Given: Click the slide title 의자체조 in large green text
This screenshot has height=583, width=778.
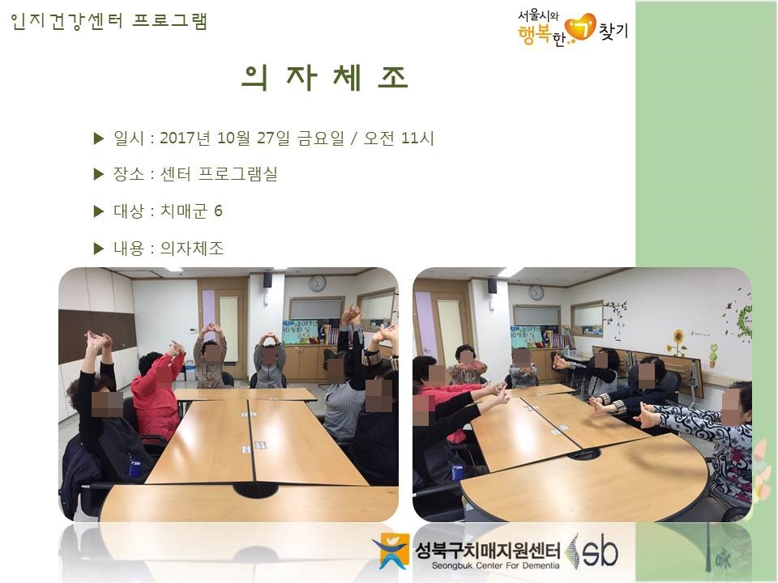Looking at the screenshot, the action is pyautogui.click(x=325, y=78).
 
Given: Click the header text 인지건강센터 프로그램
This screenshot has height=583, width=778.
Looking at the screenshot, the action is pyautogui.click(x=109, y=21).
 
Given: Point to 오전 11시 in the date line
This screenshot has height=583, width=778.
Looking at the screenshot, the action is pyautogui.click(x=399, y=138).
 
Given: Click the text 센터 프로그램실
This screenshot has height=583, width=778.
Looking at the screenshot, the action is pyautogui.click(x=219, y=174).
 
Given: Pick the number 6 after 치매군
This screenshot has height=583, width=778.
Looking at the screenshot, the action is pyautogui.click(x=218, y=211).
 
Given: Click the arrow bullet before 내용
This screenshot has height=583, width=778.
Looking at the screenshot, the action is pyautogui.click(x=99, y=249).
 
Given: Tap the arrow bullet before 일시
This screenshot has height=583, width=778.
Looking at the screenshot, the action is pyautogui.click(x=99, y=138).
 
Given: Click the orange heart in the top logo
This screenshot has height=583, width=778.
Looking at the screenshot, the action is pyautogui.click(x=580, y=27).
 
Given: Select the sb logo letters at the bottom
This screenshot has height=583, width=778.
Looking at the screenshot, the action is pyautogui.click(x=601, y=551).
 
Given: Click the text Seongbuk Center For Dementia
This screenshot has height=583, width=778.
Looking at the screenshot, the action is pyautogui.click(x=495, y=566).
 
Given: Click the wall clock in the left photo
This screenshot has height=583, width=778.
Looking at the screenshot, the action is pyautogui.click(x=317, y=283).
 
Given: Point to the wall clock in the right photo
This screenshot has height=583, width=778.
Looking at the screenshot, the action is pyautogui.click(x=536, y=292).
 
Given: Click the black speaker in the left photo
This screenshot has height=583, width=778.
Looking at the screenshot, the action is pyautogui.click(x=267, y=279).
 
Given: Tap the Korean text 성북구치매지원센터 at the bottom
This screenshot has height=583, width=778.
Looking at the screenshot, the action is pyautogui.click(x=488, y=550).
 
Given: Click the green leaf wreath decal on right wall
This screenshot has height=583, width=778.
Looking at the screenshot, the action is pyautogui.click(x=743, y=317).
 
